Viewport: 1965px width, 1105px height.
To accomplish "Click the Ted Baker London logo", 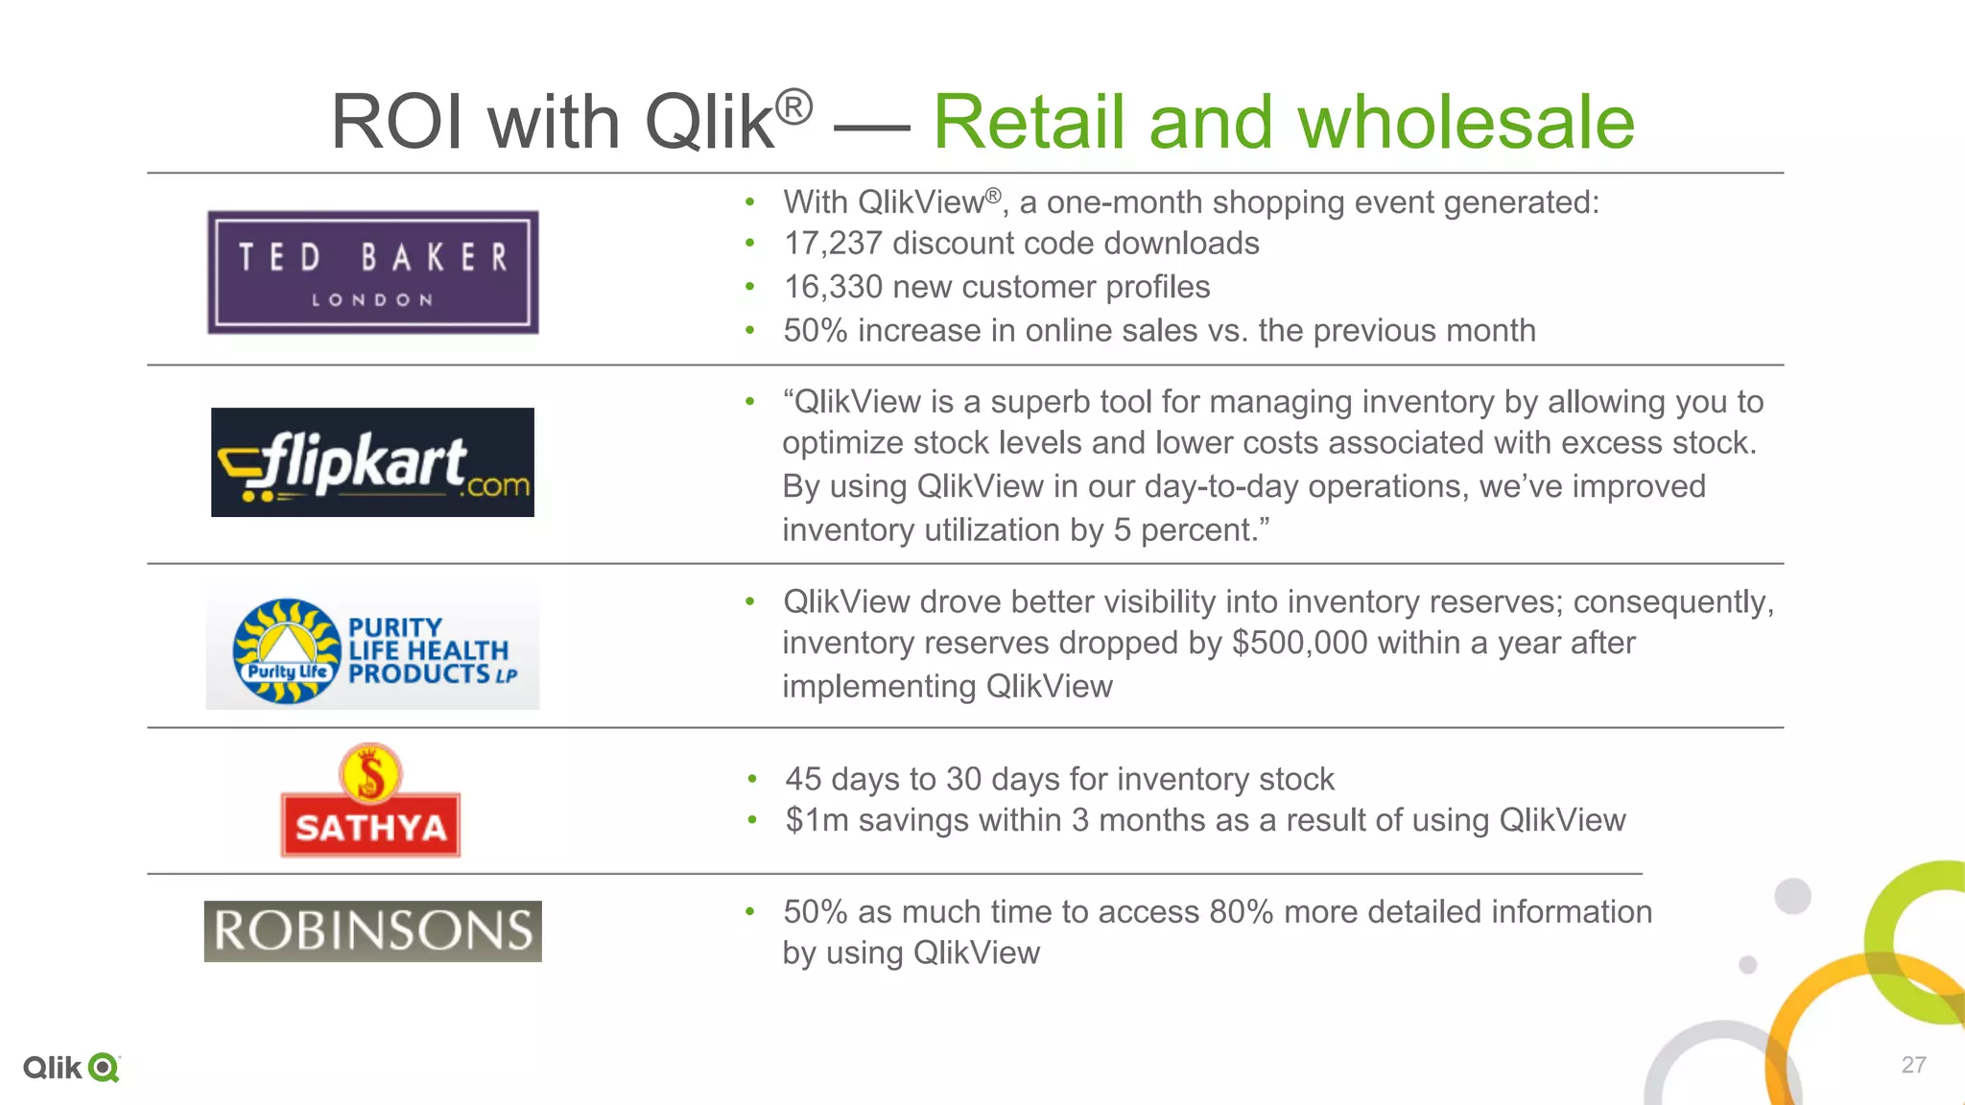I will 372,272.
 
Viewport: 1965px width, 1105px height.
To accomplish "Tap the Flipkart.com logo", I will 372,462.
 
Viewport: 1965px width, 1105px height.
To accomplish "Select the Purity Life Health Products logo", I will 372,650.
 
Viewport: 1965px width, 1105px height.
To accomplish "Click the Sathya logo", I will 370,802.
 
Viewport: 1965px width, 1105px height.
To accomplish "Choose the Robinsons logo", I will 372,931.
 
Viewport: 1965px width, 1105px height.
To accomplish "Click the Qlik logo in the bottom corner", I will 71,1068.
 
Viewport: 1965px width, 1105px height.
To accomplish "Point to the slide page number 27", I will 1913,1065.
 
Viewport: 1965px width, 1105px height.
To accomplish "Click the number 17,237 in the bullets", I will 832,244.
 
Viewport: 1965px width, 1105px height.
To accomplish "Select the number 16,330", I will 832,287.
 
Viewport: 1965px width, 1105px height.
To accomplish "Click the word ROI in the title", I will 397,123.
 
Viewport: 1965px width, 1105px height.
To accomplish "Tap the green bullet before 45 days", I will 752,779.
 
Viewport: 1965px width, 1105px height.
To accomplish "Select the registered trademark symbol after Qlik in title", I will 793,106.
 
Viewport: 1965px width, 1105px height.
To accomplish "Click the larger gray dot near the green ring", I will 1792,897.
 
